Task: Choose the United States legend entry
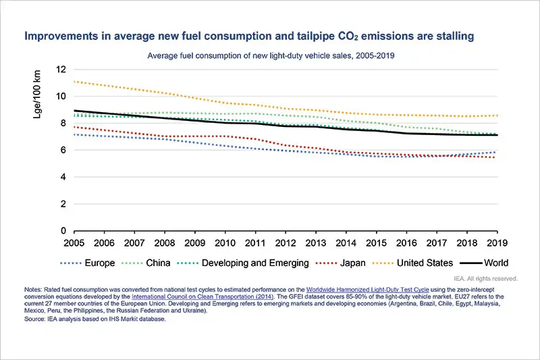pyautogui.click(x=431, y=263)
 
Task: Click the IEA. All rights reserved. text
pyautogui.click(x=485, y=278)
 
